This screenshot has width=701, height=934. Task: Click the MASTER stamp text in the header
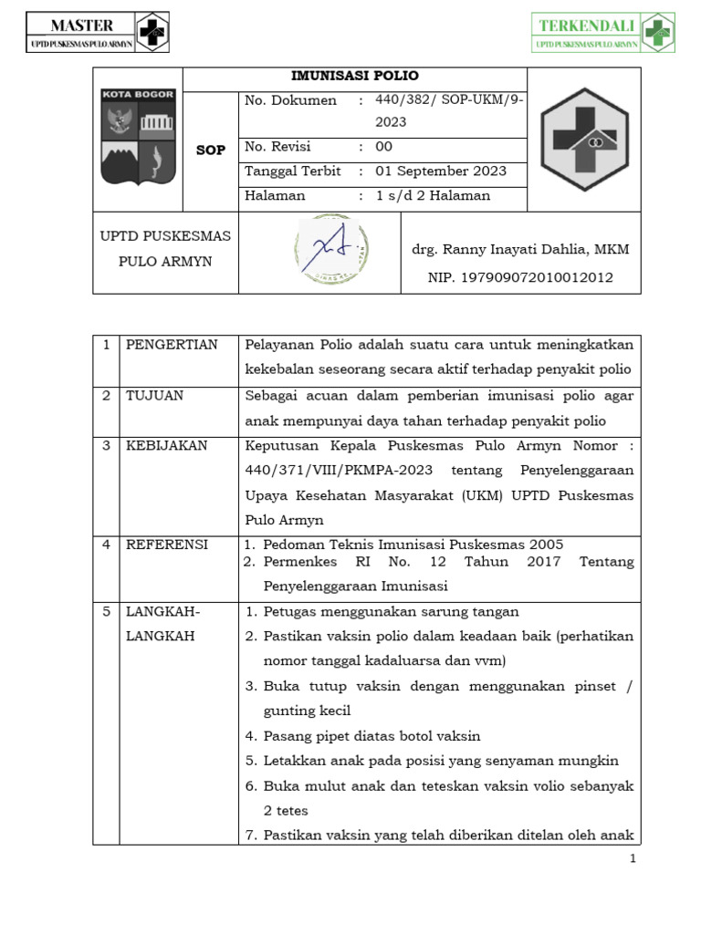[82, 25]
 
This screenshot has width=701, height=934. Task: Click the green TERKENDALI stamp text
[587, 26]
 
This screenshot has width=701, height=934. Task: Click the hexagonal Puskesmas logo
[583, 139]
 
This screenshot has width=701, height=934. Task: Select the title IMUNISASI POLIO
[355, 77]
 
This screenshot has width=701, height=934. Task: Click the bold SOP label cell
[210, 150]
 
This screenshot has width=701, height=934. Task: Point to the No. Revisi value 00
[384, 147]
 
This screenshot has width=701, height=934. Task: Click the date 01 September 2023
[441, 171]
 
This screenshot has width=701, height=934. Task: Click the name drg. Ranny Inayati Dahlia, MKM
[520, 250]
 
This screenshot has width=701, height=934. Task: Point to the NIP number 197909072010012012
[520, 277]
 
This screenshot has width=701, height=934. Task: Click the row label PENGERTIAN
[172, 345]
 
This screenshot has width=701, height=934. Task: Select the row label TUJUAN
[154, 396]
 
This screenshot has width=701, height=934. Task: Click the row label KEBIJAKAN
[167, 446]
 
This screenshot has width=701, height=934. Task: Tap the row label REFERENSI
[167, 545]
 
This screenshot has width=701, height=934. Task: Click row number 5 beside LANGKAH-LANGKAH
[106, 612]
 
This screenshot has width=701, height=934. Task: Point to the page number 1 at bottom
[632, 859]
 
